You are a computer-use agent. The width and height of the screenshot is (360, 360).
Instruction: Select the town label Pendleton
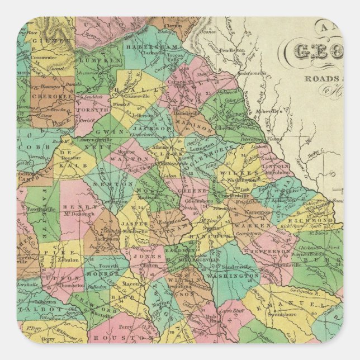232,51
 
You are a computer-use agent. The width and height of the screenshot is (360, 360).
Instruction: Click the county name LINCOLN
276,166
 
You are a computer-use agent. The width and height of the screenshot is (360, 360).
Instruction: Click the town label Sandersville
224,267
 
